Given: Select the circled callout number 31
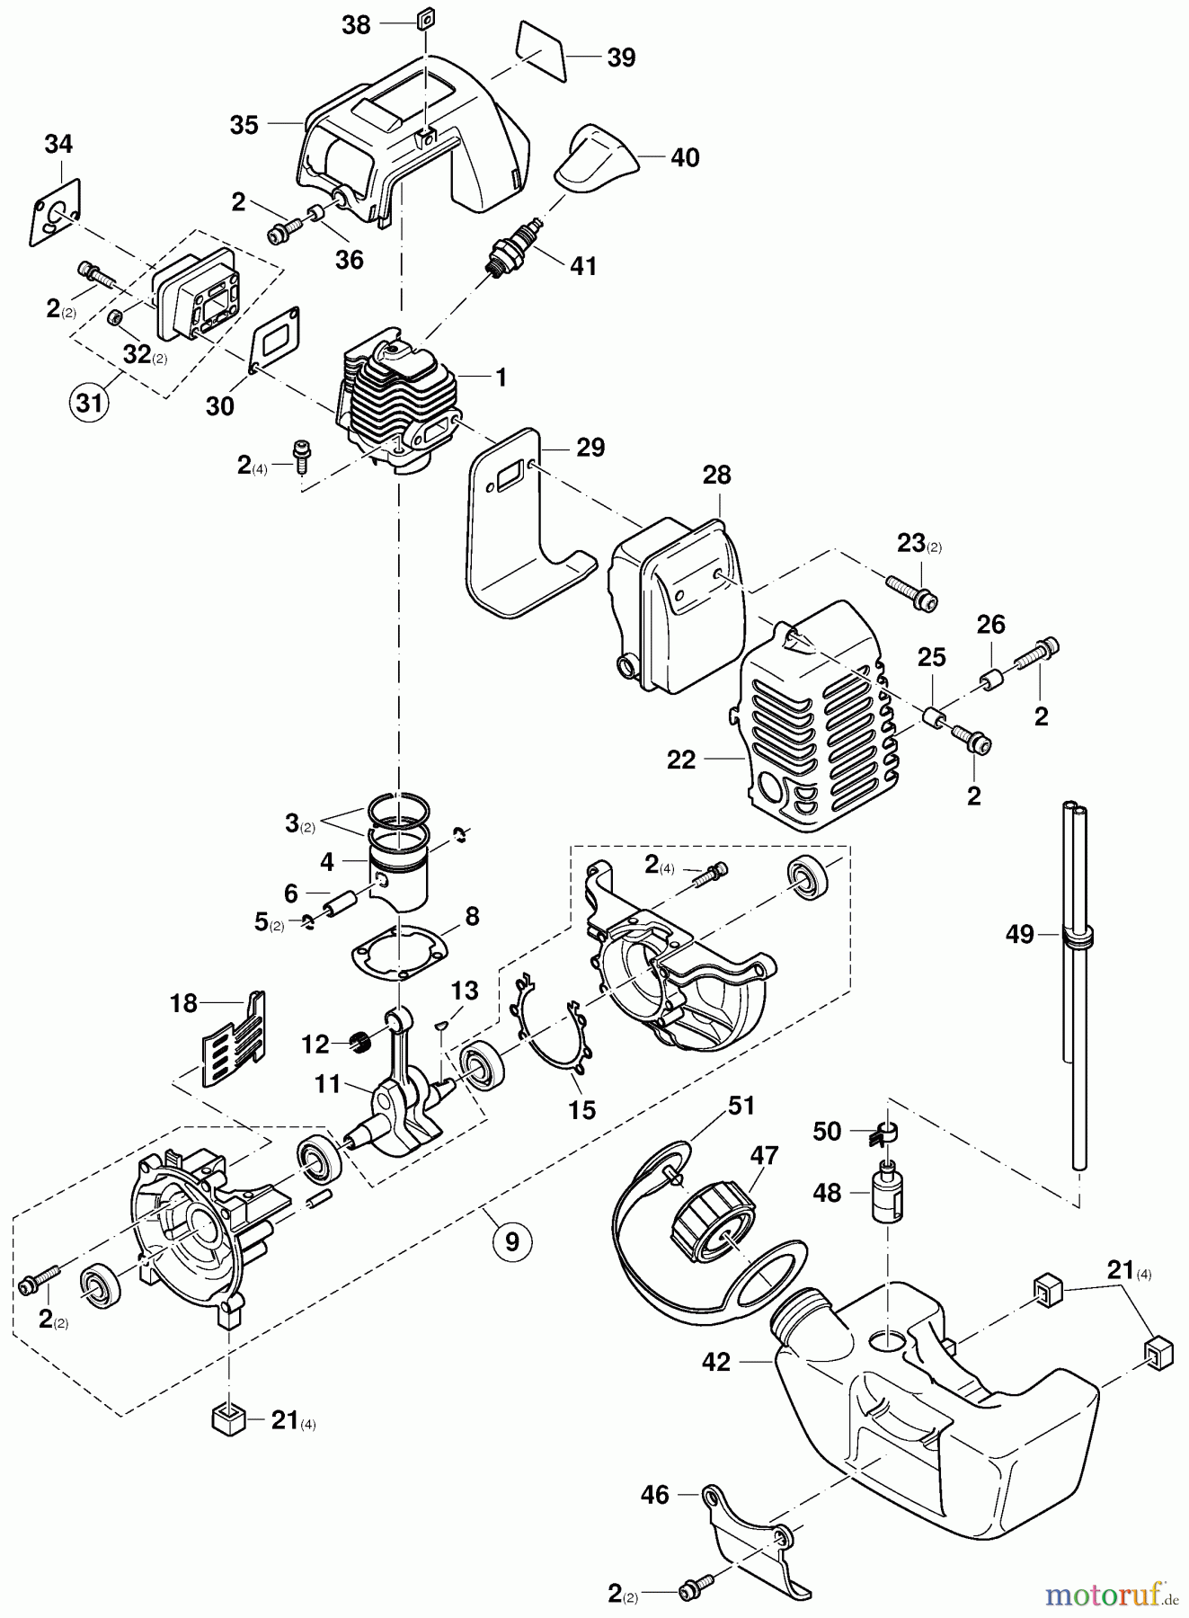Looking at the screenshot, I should click(89, 402).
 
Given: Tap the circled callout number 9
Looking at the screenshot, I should click(511, 1241).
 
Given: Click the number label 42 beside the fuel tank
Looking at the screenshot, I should click(716, 1362).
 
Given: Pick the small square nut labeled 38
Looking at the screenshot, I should click(426, 18).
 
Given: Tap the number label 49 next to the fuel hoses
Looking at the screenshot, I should click(1019, 934).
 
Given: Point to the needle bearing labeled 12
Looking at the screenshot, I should click(360, 1044).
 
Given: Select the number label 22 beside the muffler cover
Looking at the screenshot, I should click(681, 760).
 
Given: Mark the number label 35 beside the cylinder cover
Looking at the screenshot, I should click(244, 125).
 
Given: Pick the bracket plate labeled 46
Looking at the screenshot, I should click(753, 1534).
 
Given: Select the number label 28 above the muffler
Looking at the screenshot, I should click(716, 475).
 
